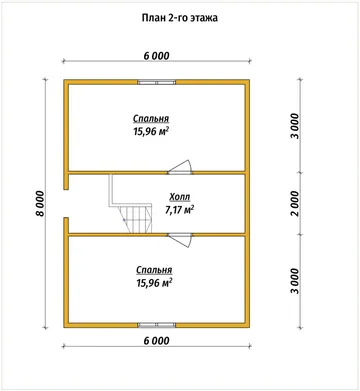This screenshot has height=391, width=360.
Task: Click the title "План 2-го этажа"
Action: (180, 18)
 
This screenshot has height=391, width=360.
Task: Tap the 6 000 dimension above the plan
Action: (156, 56)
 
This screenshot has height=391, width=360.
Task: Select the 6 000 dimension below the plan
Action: (156, 341)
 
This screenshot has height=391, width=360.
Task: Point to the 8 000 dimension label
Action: (40, 203)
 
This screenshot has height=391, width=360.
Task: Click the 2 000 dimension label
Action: (295, 203)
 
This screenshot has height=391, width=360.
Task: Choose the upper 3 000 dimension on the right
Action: (295, 126)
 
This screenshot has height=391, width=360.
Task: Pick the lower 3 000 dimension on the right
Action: (295, 281)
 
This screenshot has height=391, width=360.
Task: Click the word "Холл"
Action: (180, 197)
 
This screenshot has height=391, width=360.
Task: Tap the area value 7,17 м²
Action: (180, 210)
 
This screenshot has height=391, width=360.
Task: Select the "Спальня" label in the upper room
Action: (151, 119)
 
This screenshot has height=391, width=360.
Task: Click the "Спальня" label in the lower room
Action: (154, 270)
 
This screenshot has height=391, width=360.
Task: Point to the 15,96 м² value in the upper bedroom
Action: (151, 131)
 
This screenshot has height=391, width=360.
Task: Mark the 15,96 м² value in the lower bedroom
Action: (154, 283)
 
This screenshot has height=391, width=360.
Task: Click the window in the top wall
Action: (157, 82)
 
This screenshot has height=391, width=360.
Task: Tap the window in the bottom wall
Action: (157, 325)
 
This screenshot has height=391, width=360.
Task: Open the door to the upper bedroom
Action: (180, 168)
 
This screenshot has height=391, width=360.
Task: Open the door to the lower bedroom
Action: (180, 240)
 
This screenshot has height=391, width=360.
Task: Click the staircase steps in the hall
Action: (136, 219)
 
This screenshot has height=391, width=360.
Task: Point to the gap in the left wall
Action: (66, 203)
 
